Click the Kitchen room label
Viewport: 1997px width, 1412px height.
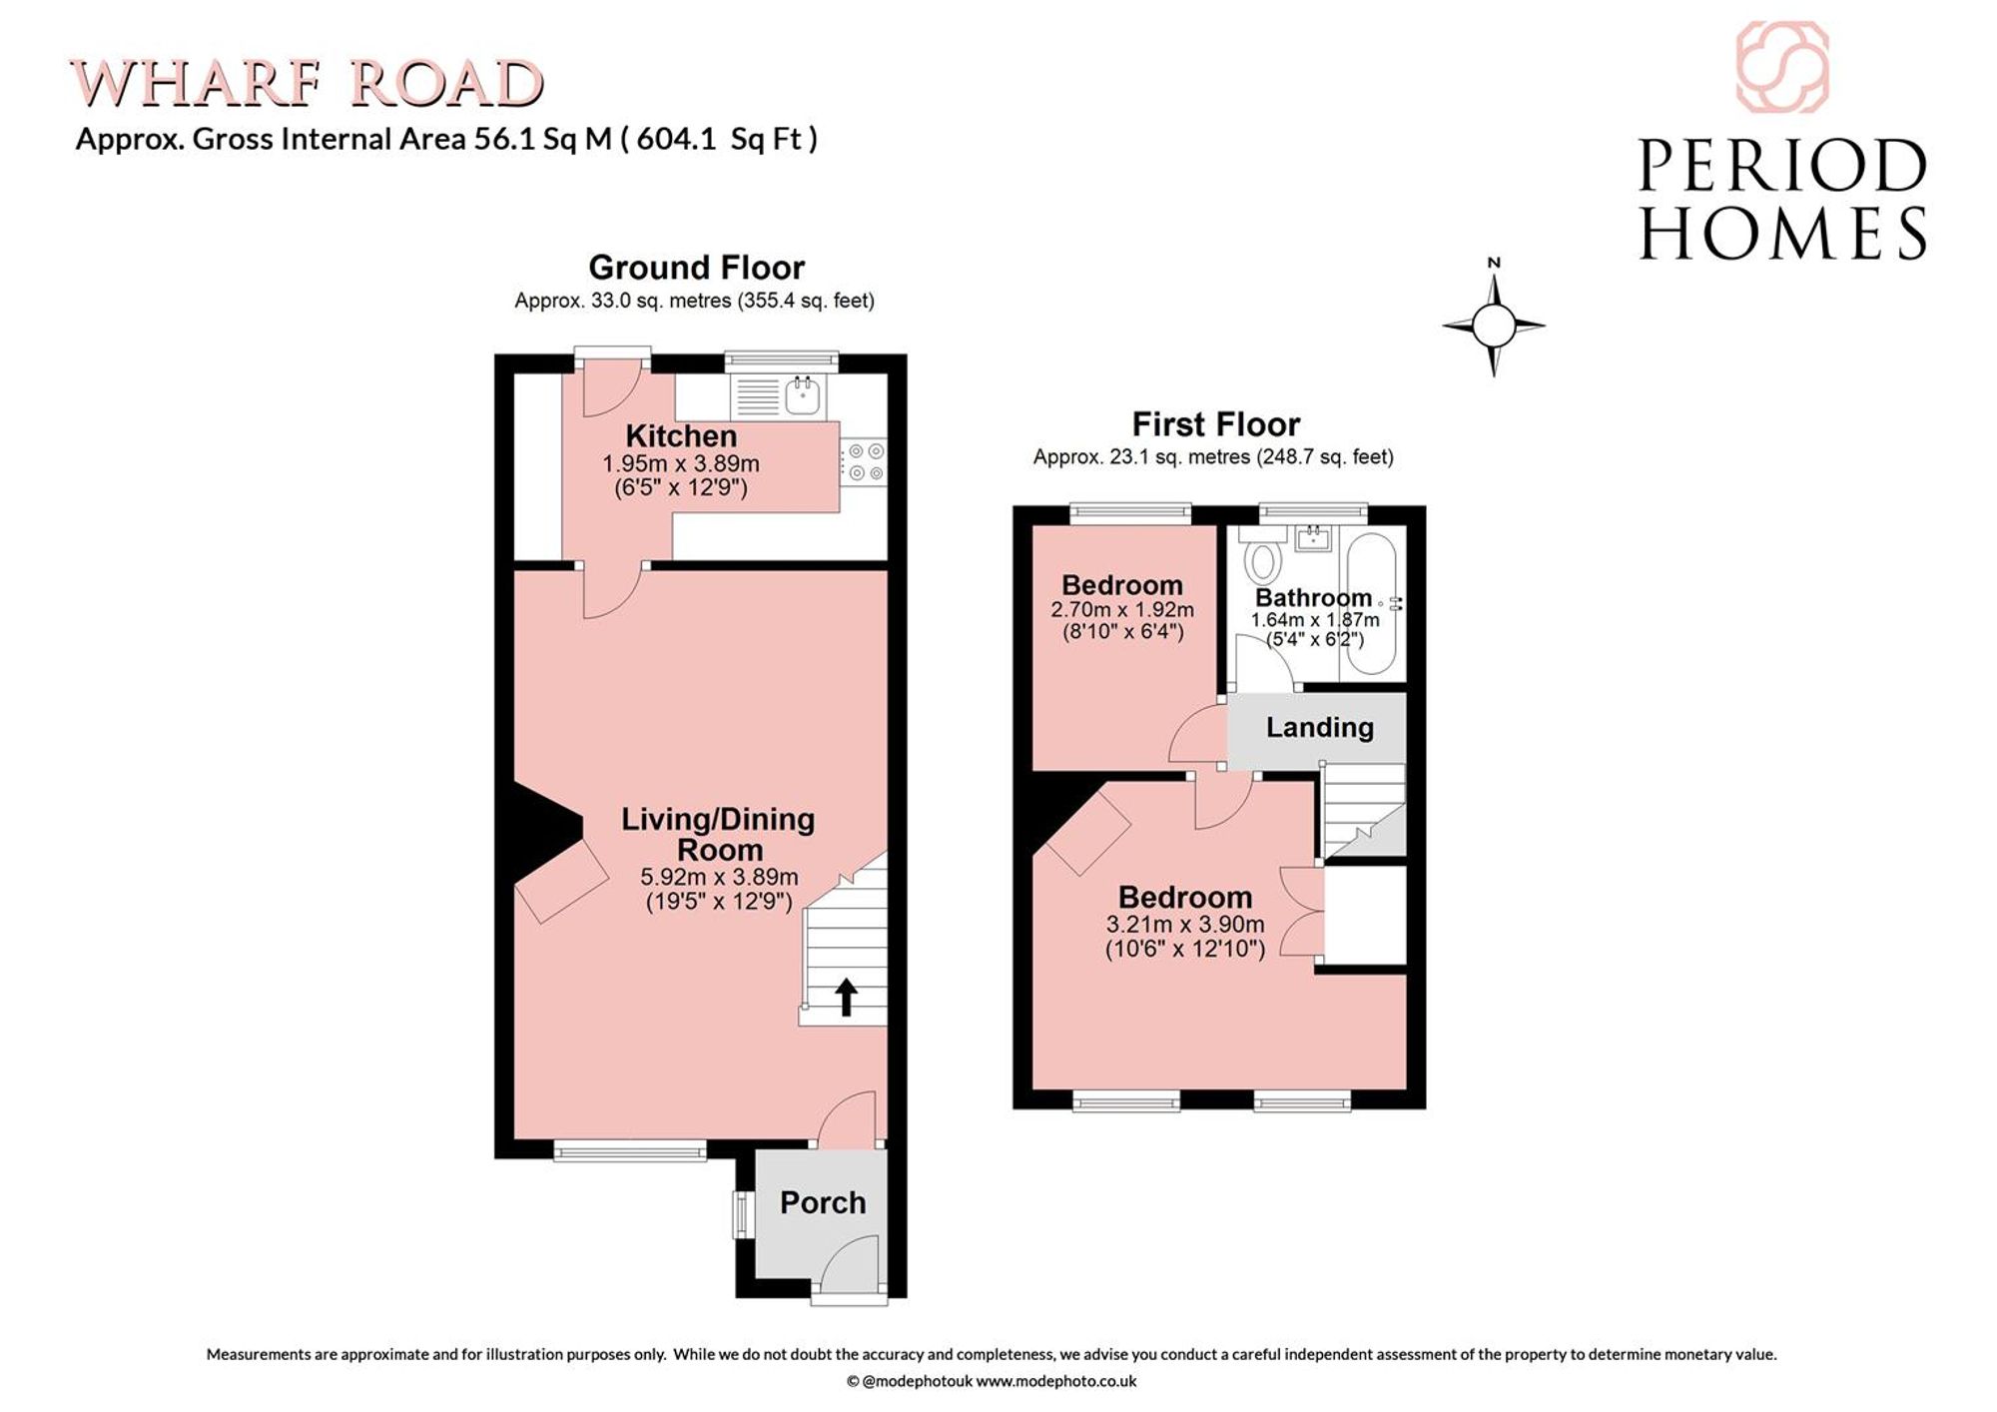coord(681,436)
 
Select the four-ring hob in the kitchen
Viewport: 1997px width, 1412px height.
coord(863,462)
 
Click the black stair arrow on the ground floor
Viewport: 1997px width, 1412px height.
coord(846,997)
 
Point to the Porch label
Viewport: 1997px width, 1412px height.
coord(823,1202)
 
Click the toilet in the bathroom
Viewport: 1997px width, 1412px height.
coord(1263,555)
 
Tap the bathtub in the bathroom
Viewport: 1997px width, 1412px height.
coord(1373,603)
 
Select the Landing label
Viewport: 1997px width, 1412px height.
coord(1320,727)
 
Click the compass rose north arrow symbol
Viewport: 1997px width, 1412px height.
coord(1494,320)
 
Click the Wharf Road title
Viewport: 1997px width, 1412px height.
coord(308,83)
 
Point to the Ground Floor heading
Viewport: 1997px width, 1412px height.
coord(696,267)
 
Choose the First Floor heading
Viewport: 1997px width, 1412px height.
coord(1215,424)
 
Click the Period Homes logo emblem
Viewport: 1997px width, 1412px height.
coord(1782,67)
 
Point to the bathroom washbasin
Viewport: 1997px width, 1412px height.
coord(1312,538)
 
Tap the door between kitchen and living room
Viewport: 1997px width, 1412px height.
coord(611,591)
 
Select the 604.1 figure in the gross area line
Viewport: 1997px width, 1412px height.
coord(676,138)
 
